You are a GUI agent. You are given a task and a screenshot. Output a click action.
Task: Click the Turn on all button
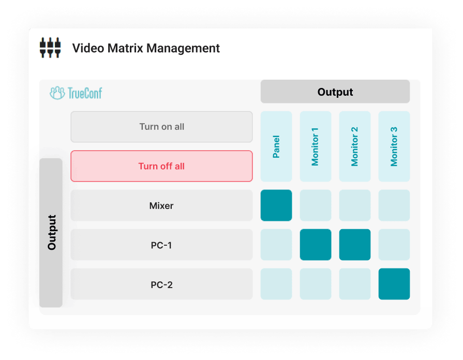(x=161, y=127)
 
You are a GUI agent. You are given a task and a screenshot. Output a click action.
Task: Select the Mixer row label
(x=161, y=205)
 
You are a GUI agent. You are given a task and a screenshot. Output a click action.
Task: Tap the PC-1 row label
(x=161, y=245)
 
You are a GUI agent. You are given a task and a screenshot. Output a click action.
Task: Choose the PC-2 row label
(x=161, y=284)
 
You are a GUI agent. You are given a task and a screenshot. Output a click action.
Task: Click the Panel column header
(x=276, y=146)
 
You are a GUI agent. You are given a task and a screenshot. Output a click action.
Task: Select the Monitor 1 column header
(x=316, y=146)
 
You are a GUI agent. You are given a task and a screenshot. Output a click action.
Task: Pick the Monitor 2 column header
(x=355, y=146)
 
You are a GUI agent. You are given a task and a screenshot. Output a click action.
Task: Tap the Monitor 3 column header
(x=394, y=146)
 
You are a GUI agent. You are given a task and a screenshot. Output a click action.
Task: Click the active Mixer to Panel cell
(x=276, y=205)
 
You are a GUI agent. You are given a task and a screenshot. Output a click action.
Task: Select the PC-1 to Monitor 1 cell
(x=316, y=245)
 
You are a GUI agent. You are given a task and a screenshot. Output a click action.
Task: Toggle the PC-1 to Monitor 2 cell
(x=355, y=245)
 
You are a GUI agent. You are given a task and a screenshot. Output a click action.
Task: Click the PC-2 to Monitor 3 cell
(x=394, y=284)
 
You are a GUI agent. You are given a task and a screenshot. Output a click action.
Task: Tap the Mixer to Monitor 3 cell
(x=394, y=205)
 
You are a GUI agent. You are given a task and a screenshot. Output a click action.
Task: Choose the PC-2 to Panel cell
(x=276, y=284)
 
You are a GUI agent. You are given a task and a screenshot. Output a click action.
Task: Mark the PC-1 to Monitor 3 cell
(x=394, y=245)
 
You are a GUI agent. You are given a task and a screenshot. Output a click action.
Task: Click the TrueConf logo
(x=76, y=93)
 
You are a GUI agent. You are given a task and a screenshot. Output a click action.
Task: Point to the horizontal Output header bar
(x=335, y=92)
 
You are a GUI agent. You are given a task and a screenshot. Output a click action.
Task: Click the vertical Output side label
(x=51, y=233)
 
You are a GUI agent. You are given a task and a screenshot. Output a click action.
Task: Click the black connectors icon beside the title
(x=50, y=48)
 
